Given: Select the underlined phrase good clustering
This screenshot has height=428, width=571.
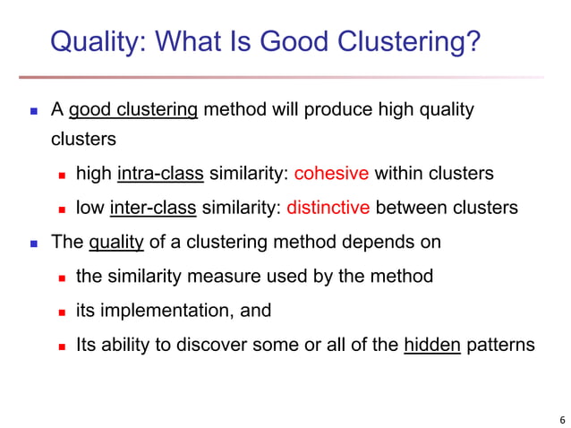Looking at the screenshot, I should (133, 110).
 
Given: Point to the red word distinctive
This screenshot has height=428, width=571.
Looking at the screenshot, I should (328, 208).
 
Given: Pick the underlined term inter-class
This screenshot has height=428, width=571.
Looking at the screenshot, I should (154, 208).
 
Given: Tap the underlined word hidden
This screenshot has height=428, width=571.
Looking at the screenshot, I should (432, 345).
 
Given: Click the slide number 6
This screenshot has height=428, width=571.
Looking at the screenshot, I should (561, 418).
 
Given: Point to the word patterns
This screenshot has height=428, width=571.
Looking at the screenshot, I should (500, 345).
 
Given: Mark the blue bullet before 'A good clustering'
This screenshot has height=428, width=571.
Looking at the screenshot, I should (34, 112).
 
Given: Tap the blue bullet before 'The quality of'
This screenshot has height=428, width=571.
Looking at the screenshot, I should (34, 243).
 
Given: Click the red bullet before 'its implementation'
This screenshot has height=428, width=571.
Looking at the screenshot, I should (63, 312).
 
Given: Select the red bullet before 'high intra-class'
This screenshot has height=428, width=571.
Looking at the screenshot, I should (63, 174).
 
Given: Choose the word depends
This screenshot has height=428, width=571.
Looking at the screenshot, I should (378, 242).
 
